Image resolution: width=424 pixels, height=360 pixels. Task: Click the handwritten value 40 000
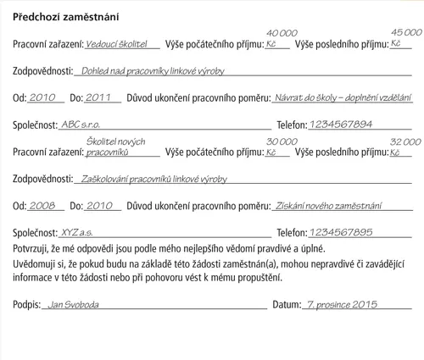pos(282,31)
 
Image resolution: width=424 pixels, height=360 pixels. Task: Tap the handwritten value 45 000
pos(405,31)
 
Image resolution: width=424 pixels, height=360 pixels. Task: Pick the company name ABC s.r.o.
pos(81,124)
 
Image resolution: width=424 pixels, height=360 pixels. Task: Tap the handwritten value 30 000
pos(282,141)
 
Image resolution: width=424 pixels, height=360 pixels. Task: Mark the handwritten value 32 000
pos(405,141)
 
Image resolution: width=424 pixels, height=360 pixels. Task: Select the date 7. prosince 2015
pos(342,303)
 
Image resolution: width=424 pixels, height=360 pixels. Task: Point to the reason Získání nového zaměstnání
pos(329,205)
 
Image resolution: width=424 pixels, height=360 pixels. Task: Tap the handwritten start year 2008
pos(42,205)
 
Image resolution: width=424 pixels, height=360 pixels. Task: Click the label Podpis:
pos(27,304)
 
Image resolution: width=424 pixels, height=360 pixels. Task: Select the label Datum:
pos(287,304)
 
